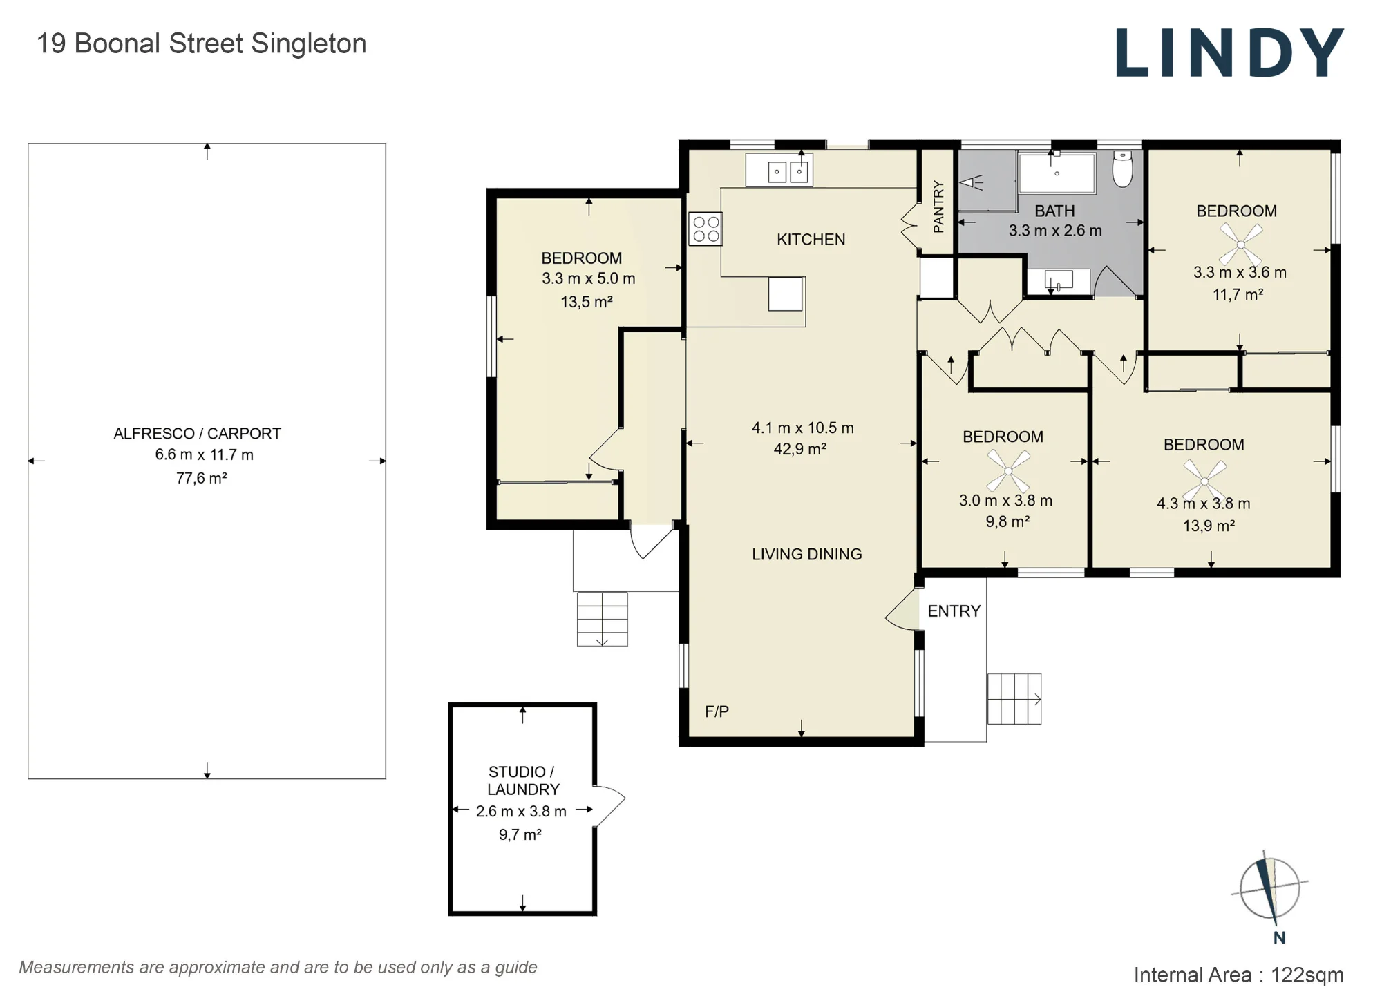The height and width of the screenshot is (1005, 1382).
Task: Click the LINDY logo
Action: tap(1230, 52)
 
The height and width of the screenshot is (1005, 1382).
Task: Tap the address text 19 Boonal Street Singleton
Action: tap(201, 44)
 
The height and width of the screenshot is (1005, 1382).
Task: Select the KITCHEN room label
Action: tap(811, 240)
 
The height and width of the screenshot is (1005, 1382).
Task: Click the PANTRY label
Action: tap(938, 207)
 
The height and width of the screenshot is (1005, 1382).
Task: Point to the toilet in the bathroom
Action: tap(1123, 169)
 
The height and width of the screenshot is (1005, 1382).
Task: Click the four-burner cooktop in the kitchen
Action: tap(705, 229)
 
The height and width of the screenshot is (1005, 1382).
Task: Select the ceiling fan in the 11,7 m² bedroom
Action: tap(1240, 244)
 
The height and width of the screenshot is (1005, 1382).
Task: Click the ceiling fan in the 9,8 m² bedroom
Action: tap(1008, 471)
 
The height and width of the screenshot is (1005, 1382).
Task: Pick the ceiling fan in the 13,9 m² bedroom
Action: tap(1204, 480)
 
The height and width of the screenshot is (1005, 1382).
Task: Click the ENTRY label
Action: tap(954, 611)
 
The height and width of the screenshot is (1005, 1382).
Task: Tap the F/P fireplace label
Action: tap(717, 711)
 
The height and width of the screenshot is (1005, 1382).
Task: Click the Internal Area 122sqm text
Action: tap(1238, 975)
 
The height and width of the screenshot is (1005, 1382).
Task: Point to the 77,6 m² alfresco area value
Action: tap(201, 478)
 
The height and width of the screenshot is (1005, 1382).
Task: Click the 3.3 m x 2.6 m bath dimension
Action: tap(1055, 231)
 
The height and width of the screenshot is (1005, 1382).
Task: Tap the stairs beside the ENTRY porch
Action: tap(1014, 699)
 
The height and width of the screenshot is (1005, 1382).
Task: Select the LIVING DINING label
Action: tap(807, 554)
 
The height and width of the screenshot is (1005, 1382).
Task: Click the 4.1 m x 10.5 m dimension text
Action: tap(803, 428)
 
